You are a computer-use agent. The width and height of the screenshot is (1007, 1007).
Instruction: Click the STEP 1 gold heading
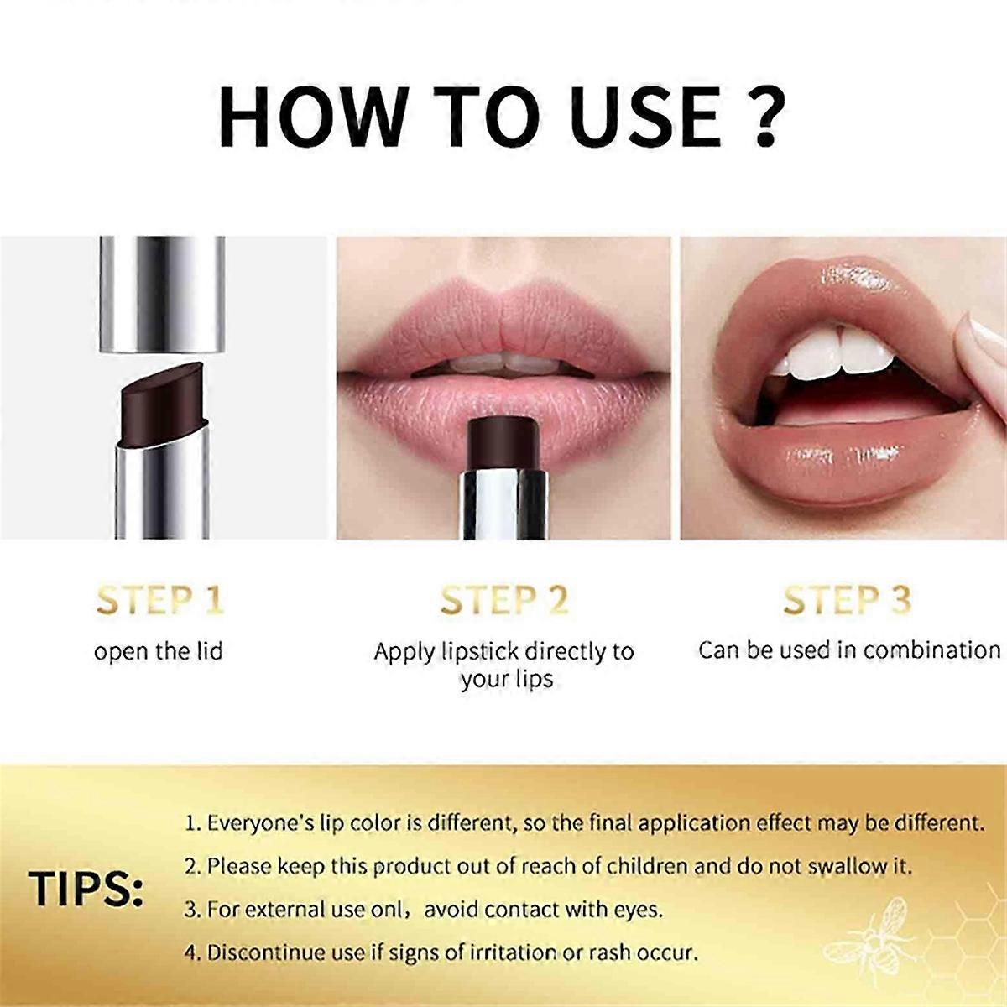(160, 600)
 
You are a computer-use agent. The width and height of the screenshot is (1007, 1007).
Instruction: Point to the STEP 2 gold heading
(504, 600)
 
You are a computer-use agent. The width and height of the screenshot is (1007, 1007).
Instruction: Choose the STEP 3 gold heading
(847, 600)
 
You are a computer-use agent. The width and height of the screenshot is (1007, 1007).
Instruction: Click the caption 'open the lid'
(159, 652)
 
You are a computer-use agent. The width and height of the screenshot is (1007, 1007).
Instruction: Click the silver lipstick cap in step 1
(163, 295)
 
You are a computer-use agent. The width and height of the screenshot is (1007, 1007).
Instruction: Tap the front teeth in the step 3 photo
(835, 352)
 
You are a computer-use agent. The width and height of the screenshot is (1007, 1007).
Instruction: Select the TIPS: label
(86, 889)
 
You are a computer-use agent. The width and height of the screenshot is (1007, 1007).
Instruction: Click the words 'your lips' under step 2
(506, 680)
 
